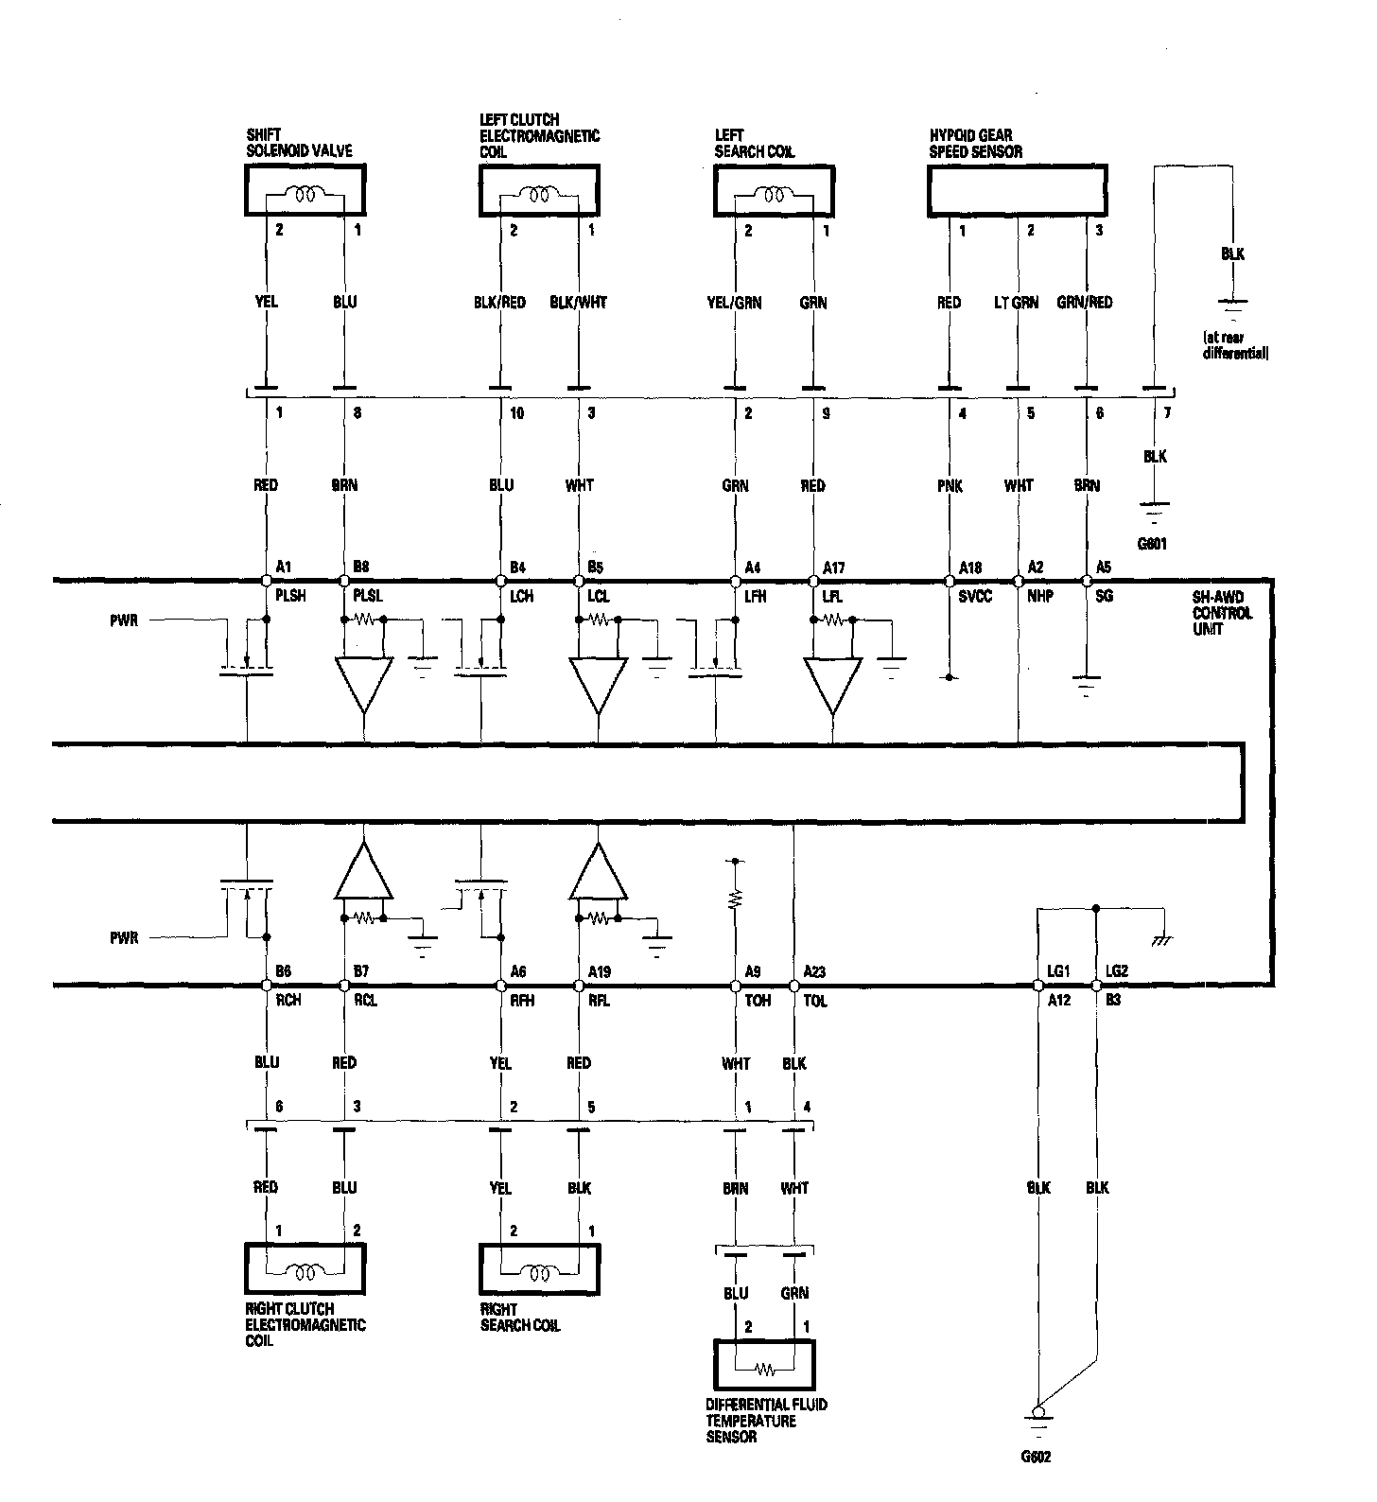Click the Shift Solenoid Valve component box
305,191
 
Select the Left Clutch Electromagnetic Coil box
538,191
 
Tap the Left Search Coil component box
774,191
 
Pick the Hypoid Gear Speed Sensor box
1017,192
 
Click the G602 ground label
1036,1457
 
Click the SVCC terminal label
975,597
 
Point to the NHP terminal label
1040,597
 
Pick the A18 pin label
970,568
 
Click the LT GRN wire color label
1016,303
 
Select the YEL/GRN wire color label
734,303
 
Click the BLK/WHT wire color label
578,303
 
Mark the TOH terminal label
758,1001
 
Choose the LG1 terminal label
1057,971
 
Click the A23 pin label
814,971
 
